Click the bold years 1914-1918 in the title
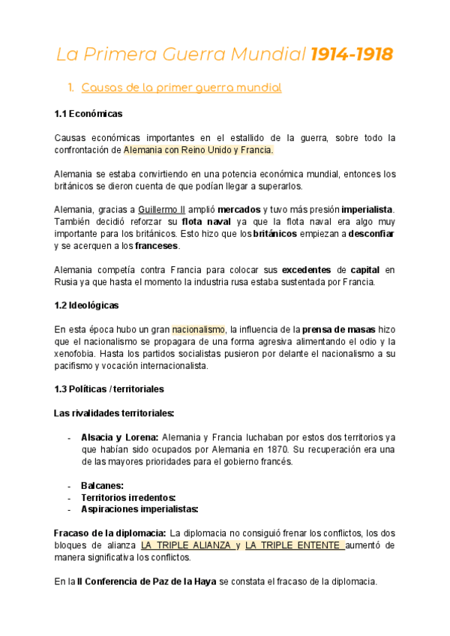pyautogui.click(x=352, y=55)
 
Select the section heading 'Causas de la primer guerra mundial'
pyautogui.click(x=181, y=88)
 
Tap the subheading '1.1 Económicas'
pyautogui.click(x=88, y=114)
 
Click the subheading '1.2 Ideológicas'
pyautogui.click(x=87, y=305)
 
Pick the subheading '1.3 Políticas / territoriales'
pyautogui.click(x=109, y=389)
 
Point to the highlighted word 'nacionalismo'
pyautogui.click(x=199, y=329)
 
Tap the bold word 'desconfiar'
pyautogui.click(x=372, y=234)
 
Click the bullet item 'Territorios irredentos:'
pyautogui.click(x=128, y=497)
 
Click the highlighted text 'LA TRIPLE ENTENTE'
pyautogui.click(x=295, y=545)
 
